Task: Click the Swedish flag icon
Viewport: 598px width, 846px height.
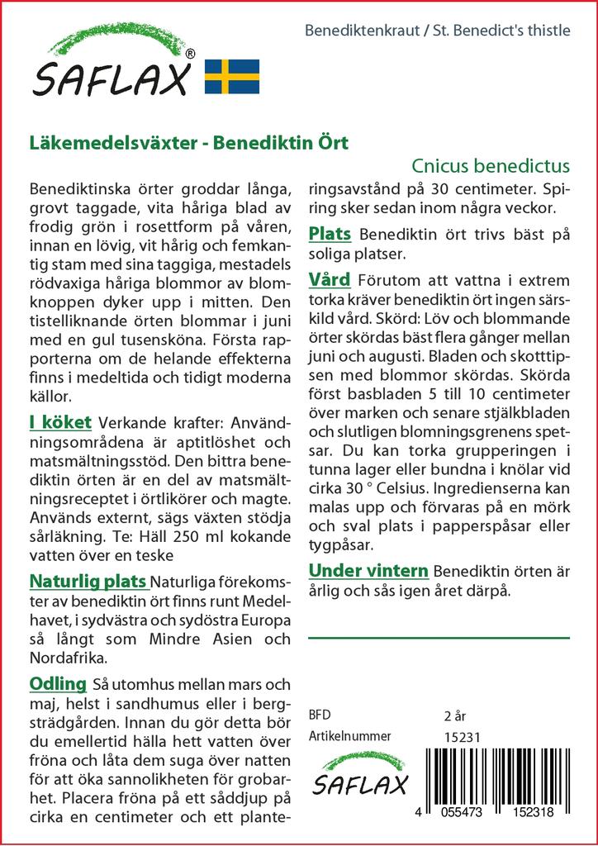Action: [x=231, y=76]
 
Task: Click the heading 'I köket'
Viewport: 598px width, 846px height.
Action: [x=59, y=423]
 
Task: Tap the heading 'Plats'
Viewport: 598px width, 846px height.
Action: [x=330, y=234]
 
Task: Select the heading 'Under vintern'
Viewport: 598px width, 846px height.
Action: [x=368, y=570]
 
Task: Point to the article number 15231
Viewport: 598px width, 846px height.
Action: [x=462, y=737]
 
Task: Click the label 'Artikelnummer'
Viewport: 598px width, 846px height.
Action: [x=349, y=736]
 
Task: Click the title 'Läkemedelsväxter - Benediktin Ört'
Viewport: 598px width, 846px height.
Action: [x=188, y=141]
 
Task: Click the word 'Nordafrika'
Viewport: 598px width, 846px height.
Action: [x=69, y=658]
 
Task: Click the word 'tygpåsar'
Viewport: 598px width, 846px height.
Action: [x=340, y=545]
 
